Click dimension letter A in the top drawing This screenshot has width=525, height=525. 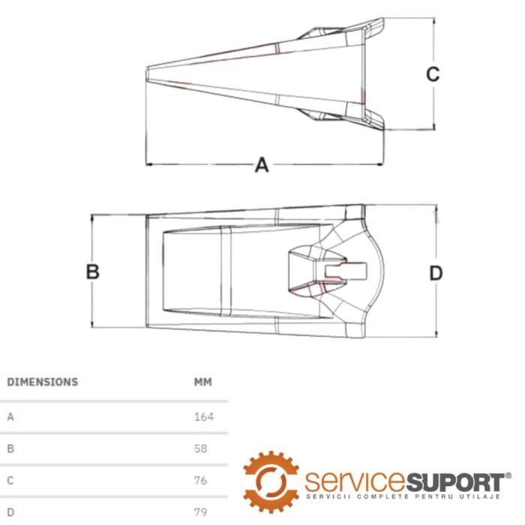pyautogui.click(x=262, y=165)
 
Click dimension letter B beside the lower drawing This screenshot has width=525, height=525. pyautogui.click(x=93, y=271)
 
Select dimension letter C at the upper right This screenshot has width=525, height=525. pyautogui.click(x=433, y=74)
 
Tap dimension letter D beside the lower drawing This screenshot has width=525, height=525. pyautogui.click(x=436, y=273)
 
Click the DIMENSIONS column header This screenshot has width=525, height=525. pyautogui.click(x=43, y=382)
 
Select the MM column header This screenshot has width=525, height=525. pyautogui.click(x=203, y=382)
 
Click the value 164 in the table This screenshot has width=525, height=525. pyautogui.click(x=203, y=417)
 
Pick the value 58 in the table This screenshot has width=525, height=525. pyautogui.click(x=200, y=448)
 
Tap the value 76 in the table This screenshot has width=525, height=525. pyautogui.click(x=200, y=481)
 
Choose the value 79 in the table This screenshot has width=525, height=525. pyautogui.click(x=200, y=512)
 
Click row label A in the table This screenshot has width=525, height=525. pyautogui.click(x=10, y=417)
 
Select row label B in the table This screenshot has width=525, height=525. pyautogui.click(x=10, y=448)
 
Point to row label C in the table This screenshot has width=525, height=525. pyautogui.click(x=10, y=481)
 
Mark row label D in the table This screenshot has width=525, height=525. pyautogui.click(x=10, y=512)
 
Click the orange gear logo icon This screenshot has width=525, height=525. pyautogui.click(x=271, y=482)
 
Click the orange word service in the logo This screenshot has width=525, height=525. pyautogui.click(x=355, y=481)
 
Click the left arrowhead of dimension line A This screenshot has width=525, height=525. pyautogui.click(x=148, y=164)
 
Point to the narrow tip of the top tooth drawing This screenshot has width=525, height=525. pyautogui.click(x=147, y=74)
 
